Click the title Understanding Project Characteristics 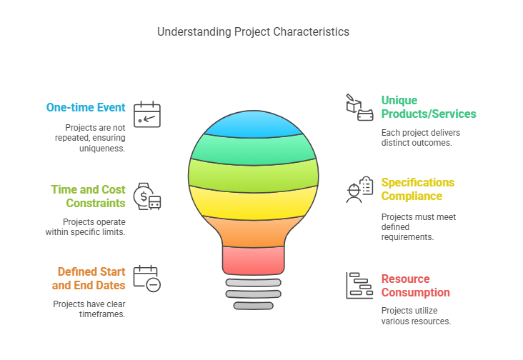pos(253,31)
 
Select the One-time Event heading pos(86,107)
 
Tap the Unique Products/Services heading pos(429,107)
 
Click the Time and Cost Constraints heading pos(88,196)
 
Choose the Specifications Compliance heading pos(417,189)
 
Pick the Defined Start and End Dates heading pos(89,279)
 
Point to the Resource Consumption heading pos(415,286)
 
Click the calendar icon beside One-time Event pos(147,114)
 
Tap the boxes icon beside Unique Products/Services pos(359,107)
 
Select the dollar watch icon pos(147,196)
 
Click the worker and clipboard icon pos(359,189)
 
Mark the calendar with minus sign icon pos(147,279)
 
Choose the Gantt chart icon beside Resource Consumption pos(359,285)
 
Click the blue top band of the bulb pos(253,124)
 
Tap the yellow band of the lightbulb pos(253,204)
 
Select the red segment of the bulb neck pos(253,261)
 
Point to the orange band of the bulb pos(253,232)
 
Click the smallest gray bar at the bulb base pos(253,306)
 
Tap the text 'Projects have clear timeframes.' pos(89,309)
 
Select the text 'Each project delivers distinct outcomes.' pos(421,138)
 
